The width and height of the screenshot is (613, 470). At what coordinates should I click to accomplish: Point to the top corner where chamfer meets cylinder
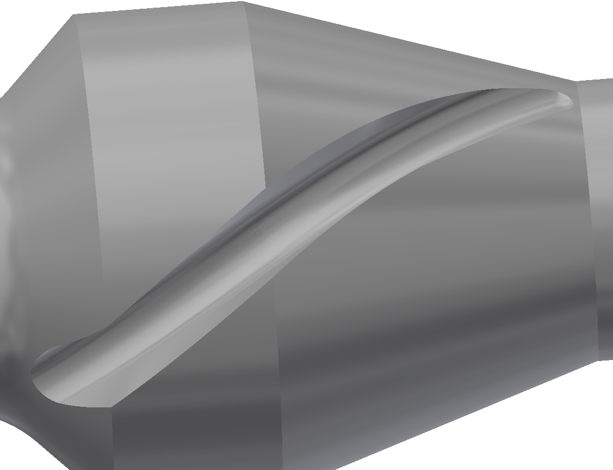pos(73,15)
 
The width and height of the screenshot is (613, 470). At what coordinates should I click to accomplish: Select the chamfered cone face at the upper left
pos(44,109)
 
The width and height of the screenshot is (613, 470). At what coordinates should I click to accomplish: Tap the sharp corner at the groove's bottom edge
pos(112,406)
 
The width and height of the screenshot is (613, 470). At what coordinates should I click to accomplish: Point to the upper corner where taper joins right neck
pos(577,81)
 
